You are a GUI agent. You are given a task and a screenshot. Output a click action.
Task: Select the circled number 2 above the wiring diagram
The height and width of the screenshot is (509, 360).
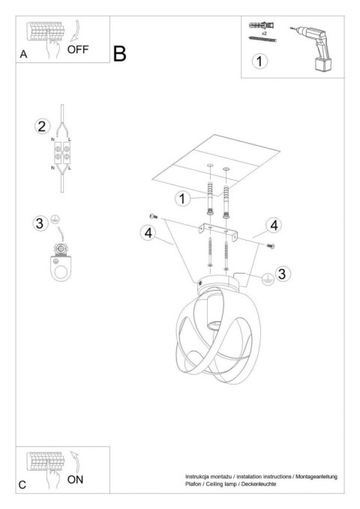43,125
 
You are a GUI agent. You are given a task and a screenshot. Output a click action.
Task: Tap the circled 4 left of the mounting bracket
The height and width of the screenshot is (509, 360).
148,233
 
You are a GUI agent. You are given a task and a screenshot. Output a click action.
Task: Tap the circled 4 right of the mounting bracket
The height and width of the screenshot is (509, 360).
274,225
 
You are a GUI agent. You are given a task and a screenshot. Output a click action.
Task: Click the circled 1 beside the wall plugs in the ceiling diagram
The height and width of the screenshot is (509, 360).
181,198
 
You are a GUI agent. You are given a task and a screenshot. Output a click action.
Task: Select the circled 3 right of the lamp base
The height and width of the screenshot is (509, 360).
281,274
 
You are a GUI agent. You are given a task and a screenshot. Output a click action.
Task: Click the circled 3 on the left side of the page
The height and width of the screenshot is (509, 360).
40,222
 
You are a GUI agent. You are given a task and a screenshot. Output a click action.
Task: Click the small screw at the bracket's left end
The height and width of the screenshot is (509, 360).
154,215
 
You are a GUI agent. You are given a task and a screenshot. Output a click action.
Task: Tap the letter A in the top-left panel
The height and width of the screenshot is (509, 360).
24,55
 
